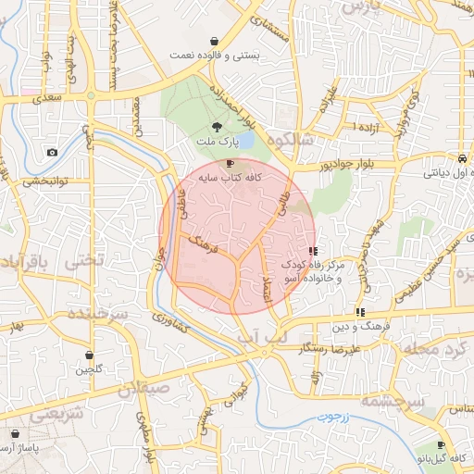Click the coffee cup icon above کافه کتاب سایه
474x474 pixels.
(230, 163)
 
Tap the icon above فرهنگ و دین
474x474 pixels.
(360, 312)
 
